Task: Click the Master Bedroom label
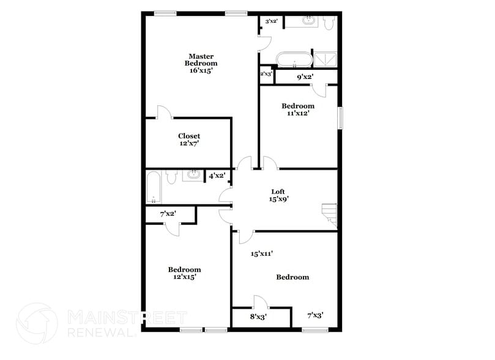pyautogui.click(x=201, y=60)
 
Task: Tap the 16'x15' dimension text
pyautogui.click(x=201, y=70)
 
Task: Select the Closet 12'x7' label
pyautogui.click(x=189, y=140)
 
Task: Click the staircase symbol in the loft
pyautogui.click(x=329, y=211)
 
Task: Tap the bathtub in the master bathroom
pyautogui.click(x=293, y=60)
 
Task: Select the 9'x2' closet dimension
pyautogui.click(x=305, y=77)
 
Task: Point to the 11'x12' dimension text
pyautogui.click(x=298, y=113)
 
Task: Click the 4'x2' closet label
pyautogui.click(x=217, y=176)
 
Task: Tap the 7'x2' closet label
pyautogui.click(x=168, y=214)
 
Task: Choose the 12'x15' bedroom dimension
pyautogui.click(x=184, y=277)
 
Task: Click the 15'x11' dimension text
pyautogui.click(x=261, y=253)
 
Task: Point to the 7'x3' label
pyautogui.click(x=315, y=315)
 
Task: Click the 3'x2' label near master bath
pyautogui.click(x=271, y=21)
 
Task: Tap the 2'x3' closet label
pyautogui.click(x=266, y=74)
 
